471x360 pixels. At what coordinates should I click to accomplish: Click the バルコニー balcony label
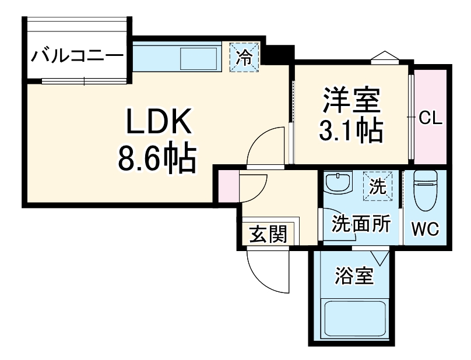[x=78, y=57]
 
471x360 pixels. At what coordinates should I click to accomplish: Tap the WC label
[x=426, y=229]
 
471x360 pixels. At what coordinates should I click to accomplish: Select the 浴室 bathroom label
[x=354, y=276]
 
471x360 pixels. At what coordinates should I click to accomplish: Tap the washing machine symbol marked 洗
[x=378, y=187]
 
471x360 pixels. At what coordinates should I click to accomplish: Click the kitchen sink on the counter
[x=199, y=59]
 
